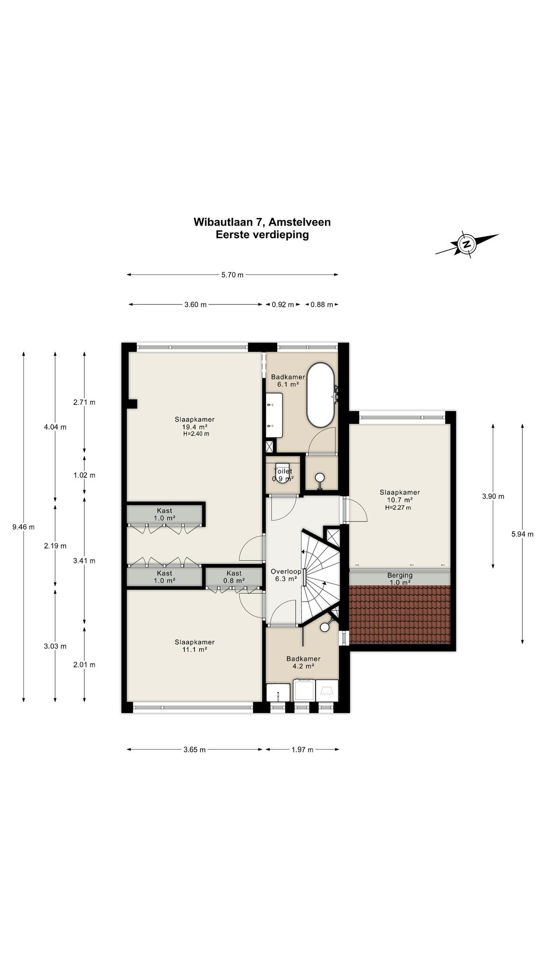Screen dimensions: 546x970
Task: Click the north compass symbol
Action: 467,244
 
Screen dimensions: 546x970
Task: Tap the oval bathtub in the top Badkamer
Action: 321,395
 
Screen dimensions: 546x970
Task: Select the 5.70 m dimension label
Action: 232,275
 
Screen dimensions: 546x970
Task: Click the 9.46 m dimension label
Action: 23,527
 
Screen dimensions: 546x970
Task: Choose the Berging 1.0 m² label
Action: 400,579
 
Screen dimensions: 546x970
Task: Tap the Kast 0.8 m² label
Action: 234,576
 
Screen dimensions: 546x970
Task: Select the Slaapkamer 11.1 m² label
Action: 194,646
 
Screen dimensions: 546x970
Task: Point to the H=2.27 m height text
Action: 398,508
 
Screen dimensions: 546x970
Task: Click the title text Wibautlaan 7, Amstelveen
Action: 262,222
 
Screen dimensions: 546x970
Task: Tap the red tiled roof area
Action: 400,615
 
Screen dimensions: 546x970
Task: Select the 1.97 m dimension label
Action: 302,750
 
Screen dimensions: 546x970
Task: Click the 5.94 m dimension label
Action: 522,534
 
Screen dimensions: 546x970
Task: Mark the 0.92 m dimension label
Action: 282,305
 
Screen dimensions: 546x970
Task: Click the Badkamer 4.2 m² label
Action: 303,662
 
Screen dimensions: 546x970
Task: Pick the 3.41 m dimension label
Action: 84,561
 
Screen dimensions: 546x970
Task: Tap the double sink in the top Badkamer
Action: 274,415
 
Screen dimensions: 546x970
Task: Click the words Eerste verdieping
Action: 262,234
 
